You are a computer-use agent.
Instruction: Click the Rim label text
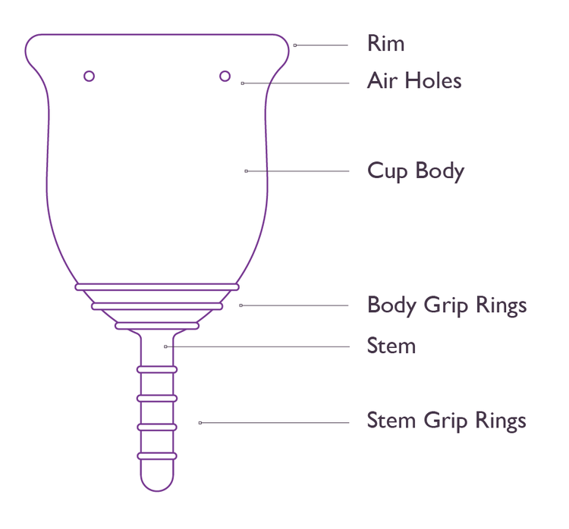[x=385, y=43]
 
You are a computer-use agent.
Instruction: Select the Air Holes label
[x=414, y=81]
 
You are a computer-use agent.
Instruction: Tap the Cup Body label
[x=415, y=171]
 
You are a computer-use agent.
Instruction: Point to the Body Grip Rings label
[x=446, y=305]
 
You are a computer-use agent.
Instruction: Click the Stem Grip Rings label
[x=446, y=421]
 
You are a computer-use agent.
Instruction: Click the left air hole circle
[x=89, y=76]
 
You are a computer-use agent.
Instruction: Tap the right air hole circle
[x=225, y=75]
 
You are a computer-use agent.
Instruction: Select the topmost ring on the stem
[x=157, y=369]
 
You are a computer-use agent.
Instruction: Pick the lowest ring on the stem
[x=157, y=455]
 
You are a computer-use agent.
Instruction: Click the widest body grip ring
[x=157, y=287]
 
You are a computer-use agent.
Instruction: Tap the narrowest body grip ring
[x=157, y=326]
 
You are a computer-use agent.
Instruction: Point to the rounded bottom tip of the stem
[x=157, y=485]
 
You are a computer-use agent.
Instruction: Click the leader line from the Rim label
[x=322, y=45]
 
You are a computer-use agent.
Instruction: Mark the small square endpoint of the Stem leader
[x=165, y=346]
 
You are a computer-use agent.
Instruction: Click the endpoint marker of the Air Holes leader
[x=242, y=83]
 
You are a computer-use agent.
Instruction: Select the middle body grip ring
[x=157, y=306]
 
